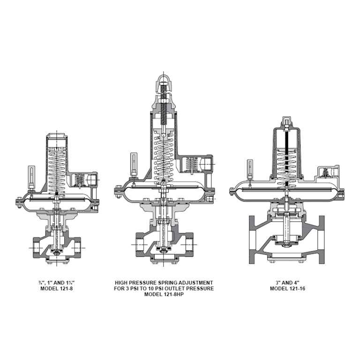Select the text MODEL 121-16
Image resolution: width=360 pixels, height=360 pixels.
[288, 288]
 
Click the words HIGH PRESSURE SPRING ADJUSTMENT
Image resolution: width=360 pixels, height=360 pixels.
[164, 283]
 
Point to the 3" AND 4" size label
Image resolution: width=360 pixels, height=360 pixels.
[288, 283]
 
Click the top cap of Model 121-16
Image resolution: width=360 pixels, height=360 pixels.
[287, 123]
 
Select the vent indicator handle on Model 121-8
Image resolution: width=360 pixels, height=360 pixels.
[31, 176]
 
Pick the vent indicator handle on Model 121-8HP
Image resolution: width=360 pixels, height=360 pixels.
[134, 162]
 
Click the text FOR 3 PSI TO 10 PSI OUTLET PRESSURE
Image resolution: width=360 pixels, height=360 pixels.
[164, 288]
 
